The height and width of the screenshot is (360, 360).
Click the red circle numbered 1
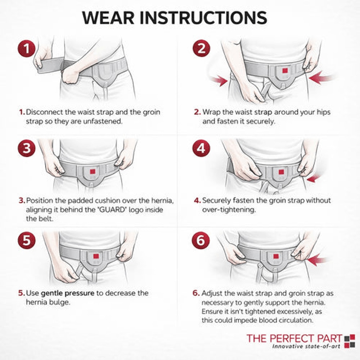[x=27, y=49]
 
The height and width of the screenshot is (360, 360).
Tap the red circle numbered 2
[x=201, y=49]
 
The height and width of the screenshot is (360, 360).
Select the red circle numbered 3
[x=27, y=148]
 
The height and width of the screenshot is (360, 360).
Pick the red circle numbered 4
[x=201, y=148]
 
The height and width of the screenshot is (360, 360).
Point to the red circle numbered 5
[x=27, y=240]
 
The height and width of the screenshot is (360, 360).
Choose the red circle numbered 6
[x=201, y=240]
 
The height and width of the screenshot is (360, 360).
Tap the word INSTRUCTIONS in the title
[x=203, y=18]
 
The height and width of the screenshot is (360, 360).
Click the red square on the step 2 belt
[x=285, y=71]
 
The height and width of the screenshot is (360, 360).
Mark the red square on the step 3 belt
[x=93, y=171]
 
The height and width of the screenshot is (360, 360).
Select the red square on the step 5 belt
[x=96, y=256]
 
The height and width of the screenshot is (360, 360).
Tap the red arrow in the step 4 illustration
[x=313, y=178]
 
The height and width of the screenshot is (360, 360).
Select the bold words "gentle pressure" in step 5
[x=68, y=293]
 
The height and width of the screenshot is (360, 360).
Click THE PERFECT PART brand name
[x=294, y=339]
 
